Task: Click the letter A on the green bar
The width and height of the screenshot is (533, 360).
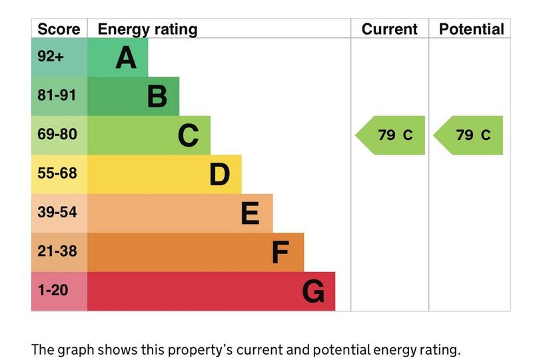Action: [x=126, y=58]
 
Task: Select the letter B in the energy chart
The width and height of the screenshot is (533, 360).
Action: [x=157, y=97]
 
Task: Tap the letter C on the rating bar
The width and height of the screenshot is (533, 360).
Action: [x=189, y=136]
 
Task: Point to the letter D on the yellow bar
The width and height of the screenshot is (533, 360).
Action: [x=219, y=175]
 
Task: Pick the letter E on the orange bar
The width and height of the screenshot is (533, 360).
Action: [x=250, y=214]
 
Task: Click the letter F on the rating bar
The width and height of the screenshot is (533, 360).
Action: [x=280, y=253]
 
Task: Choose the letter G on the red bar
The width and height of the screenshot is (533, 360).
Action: [x=313, y=292]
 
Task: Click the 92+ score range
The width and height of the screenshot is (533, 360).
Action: [x=51, y=57]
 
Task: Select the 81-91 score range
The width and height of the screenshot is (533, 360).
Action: [x=57, y=95]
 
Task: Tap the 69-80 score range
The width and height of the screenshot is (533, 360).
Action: [x=57, y=135]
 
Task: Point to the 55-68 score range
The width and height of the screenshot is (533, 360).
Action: [x=57, y=174]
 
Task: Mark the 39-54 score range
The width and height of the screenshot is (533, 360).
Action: [x=57, y=213]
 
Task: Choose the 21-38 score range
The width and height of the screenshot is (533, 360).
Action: [x=57, y=252]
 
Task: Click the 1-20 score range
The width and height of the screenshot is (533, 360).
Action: [x=53, y=291]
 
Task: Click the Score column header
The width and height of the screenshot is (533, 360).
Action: [x=59, y=29]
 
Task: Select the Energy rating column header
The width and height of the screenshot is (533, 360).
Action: [x=147, y=29]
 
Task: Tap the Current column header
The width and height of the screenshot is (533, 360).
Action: [x=390, y=29]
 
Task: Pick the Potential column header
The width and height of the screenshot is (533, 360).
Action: [x=472, y=29]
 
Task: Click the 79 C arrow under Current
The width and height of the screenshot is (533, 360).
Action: [x=391, y=135]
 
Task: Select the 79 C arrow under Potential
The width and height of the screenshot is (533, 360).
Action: [x=469, y=135]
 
